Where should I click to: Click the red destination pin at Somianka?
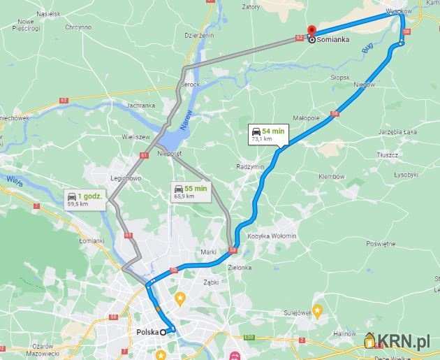pos(311,31)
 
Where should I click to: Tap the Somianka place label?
pos(332,41)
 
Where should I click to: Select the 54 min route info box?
pos(266,134)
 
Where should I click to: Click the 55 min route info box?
pos(189,192)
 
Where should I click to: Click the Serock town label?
pos(191,85)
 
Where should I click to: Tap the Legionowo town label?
pos(127,178)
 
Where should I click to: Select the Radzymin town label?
pos(250,167)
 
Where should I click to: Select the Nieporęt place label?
pos(170,153)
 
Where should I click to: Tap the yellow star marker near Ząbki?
pos(179,299)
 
